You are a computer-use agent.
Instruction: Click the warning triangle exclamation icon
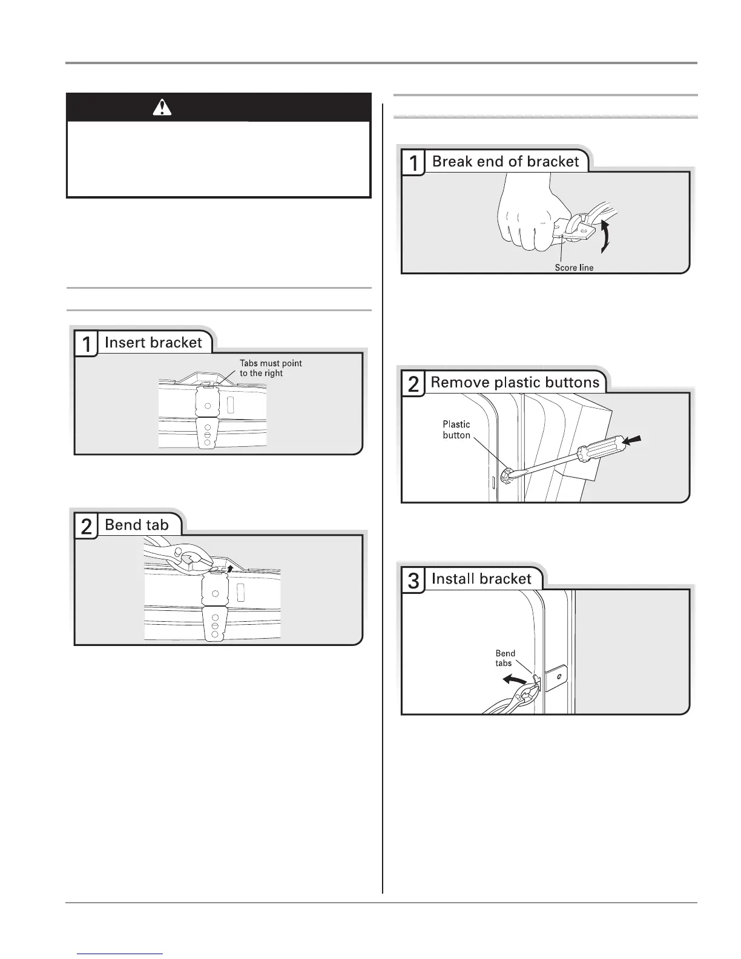coord(162,107)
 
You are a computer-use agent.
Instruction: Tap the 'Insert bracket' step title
coord(153,343)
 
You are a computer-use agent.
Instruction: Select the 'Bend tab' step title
coord(137,525)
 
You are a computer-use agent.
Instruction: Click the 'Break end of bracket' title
coord(506,162)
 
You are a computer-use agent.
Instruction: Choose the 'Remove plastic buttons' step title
coord(515,383)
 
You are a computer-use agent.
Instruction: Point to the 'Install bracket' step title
coord(481,579)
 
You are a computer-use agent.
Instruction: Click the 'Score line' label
coord(574,268)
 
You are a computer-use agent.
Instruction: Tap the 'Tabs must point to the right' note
coord(270,368)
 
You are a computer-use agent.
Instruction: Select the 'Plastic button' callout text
coord(456,430)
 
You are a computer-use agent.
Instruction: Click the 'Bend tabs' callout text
coord(505,658)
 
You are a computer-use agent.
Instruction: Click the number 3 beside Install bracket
coord(413,581)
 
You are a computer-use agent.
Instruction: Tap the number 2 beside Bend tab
coord(87,527)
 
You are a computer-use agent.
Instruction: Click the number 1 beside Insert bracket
coord(87,344)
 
